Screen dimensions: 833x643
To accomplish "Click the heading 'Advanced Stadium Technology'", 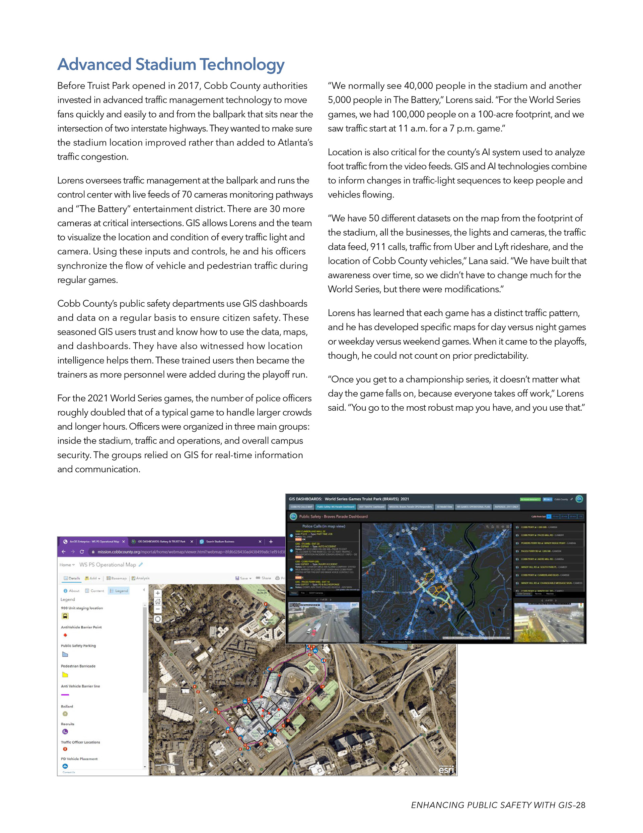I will (x=171, y=64).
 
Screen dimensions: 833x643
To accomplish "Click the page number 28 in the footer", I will (x=580, y=805).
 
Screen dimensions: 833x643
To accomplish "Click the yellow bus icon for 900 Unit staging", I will (x=65, y=616).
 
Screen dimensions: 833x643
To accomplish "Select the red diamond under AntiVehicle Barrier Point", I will (x=65, y=635).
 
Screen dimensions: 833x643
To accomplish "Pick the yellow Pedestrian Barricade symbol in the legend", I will (x=65, y=675).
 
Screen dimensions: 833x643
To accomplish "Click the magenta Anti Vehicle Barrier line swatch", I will (x=65, y=695).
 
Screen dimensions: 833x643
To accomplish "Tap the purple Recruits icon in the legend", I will (x=65, y=731).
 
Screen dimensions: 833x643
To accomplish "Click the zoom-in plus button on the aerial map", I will (x=158, y=593).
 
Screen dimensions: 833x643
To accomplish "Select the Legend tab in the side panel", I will (x=119, y=591).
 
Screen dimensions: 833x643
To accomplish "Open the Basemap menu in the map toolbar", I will (x=117, y=578).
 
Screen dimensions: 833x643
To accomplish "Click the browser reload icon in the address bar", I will (x=82, y=552).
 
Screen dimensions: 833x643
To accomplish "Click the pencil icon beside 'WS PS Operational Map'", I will (x=141, y=564).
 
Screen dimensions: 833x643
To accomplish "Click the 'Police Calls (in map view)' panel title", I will (x=324, y=526).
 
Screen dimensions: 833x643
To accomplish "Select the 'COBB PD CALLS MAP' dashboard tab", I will (x=301, y=507).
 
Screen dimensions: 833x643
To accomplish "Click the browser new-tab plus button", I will (x=271, y=542).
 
